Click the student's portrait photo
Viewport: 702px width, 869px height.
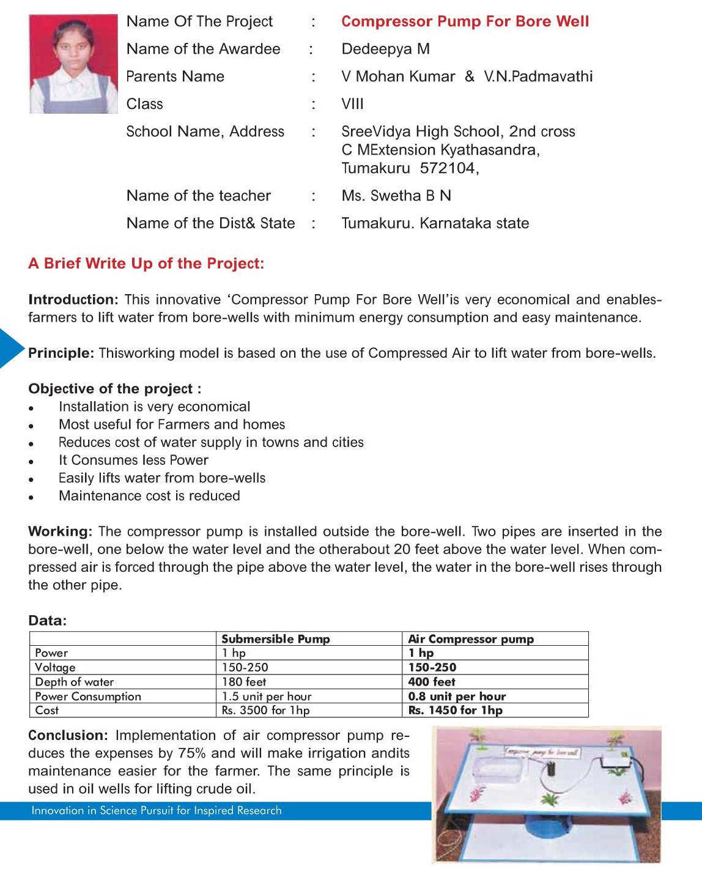click(x=73, y=64)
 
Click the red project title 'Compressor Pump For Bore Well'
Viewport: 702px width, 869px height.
click(x=465, y=21)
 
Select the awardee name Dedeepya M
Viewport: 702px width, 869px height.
click(x=385, y=49)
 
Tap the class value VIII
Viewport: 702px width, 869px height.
click(x=352, y=104)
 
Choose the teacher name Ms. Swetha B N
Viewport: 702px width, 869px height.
click(x=396, y=196)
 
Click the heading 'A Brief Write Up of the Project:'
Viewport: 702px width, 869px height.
click(x=146, y=264)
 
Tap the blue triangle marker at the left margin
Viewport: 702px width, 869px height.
click(x=10, y=348)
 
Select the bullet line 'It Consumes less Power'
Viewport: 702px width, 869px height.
click(x=133, y=460)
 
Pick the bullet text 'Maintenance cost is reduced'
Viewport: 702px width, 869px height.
click(x=149, y=496)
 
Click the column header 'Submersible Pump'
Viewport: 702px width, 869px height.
click(x=275, y=639)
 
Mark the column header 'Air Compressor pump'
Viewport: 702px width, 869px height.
click(x=471, y=639)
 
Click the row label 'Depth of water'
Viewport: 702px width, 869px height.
click(x=75, y=682)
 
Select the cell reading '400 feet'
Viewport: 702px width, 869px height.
click(x=432, y=682)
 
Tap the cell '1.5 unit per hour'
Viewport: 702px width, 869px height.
click(x=267, y=697)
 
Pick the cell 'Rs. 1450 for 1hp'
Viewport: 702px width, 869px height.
click(x=456, y=711)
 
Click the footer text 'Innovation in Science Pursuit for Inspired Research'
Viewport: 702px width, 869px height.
click(x=157, y=811)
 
